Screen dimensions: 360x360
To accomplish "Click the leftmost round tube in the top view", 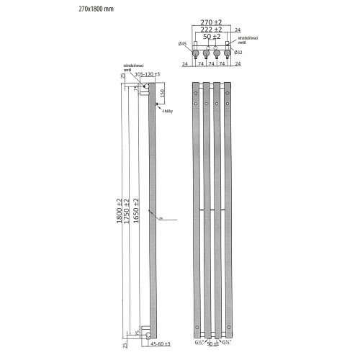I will point(195,53).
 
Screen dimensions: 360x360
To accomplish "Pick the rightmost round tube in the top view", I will point(229,53).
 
